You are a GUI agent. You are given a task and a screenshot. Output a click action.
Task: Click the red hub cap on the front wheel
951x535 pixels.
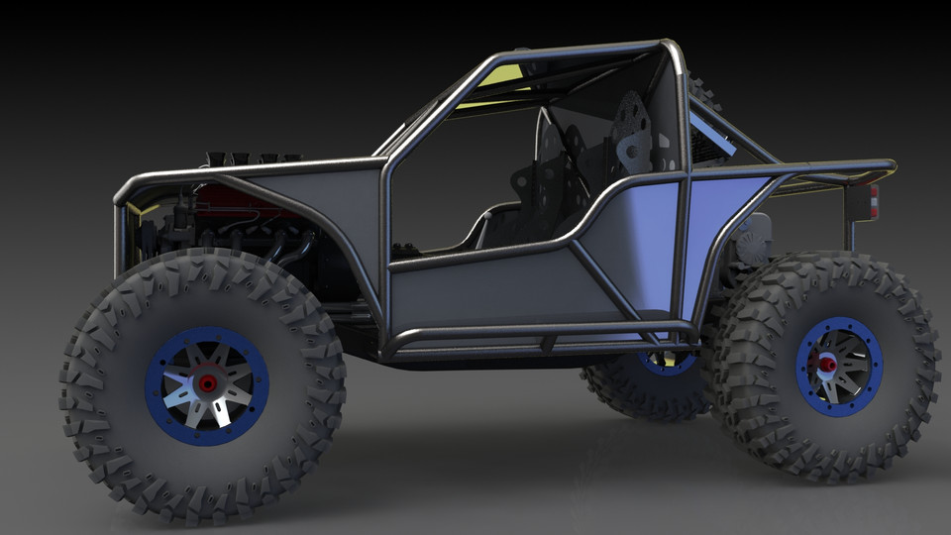[207, 382]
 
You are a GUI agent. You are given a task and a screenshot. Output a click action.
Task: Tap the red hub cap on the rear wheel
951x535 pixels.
[825, 365]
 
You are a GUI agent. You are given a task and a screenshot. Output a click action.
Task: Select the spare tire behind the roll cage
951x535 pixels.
[702, 94]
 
